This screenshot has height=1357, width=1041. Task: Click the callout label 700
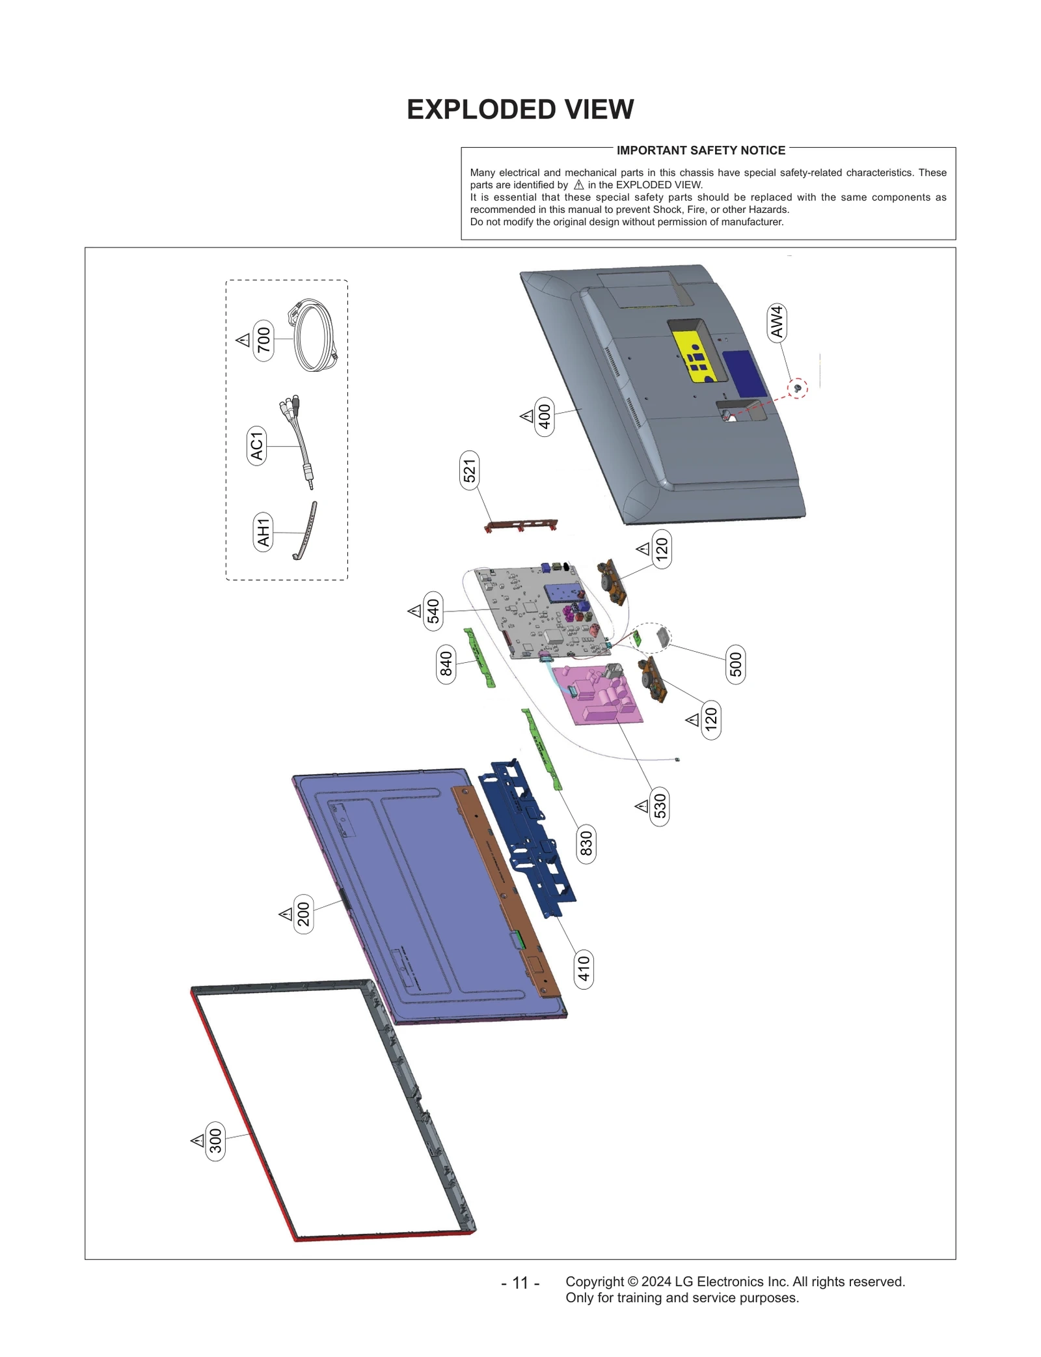click(264, 340)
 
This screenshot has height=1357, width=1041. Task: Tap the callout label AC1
click(257, 445)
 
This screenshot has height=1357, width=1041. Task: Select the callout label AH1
click(263, 532)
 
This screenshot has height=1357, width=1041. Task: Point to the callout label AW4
click(777, 322)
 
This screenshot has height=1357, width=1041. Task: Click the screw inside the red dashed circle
click(798, 389)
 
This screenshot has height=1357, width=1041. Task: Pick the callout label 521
click(469, 470)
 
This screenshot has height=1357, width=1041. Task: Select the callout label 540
click(433, 611)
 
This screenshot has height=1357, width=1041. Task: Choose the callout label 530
click(660, 806)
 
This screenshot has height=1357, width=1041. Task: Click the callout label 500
click(735, 664)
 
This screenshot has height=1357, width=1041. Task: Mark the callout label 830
click(586, 843)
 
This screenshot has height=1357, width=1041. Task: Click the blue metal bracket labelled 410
click(527, 840)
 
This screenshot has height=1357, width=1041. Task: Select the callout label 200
click(304, 914)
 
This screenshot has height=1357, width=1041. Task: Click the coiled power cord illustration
click(314, 335)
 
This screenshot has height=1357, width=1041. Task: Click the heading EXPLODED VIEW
click(520, 109)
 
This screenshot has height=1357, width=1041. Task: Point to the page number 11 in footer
click(520, 1283)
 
